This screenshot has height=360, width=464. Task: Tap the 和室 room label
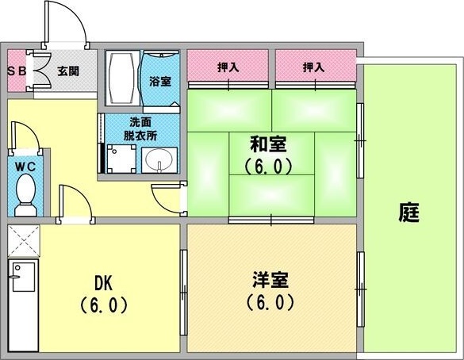(268, 144)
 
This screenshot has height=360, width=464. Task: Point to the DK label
(104, 282)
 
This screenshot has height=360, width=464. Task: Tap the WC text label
(25, 167)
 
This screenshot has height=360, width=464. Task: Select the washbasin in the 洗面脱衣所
(159, 160)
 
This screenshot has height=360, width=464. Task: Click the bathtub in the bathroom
(123, 78)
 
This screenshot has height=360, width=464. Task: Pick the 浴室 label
(160, 82)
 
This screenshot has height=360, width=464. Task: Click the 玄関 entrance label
(68, 71)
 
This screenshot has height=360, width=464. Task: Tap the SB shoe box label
(17, 71)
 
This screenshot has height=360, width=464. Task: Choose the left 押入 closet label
(228, 67)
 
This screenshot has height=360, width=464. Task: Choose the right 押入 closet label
(313, 67)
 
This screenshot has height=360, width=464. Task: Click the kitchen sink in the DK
(23, 276)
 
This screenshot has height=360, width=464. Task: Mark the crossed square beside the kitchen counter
(23, 241)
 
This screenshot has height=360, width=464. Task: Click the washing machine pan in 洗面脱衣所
(121, 159)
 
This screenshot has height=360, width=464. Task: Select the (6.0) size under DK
(104, 305)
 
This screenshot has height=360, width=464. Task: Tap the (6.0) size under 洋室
(270, 302)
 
